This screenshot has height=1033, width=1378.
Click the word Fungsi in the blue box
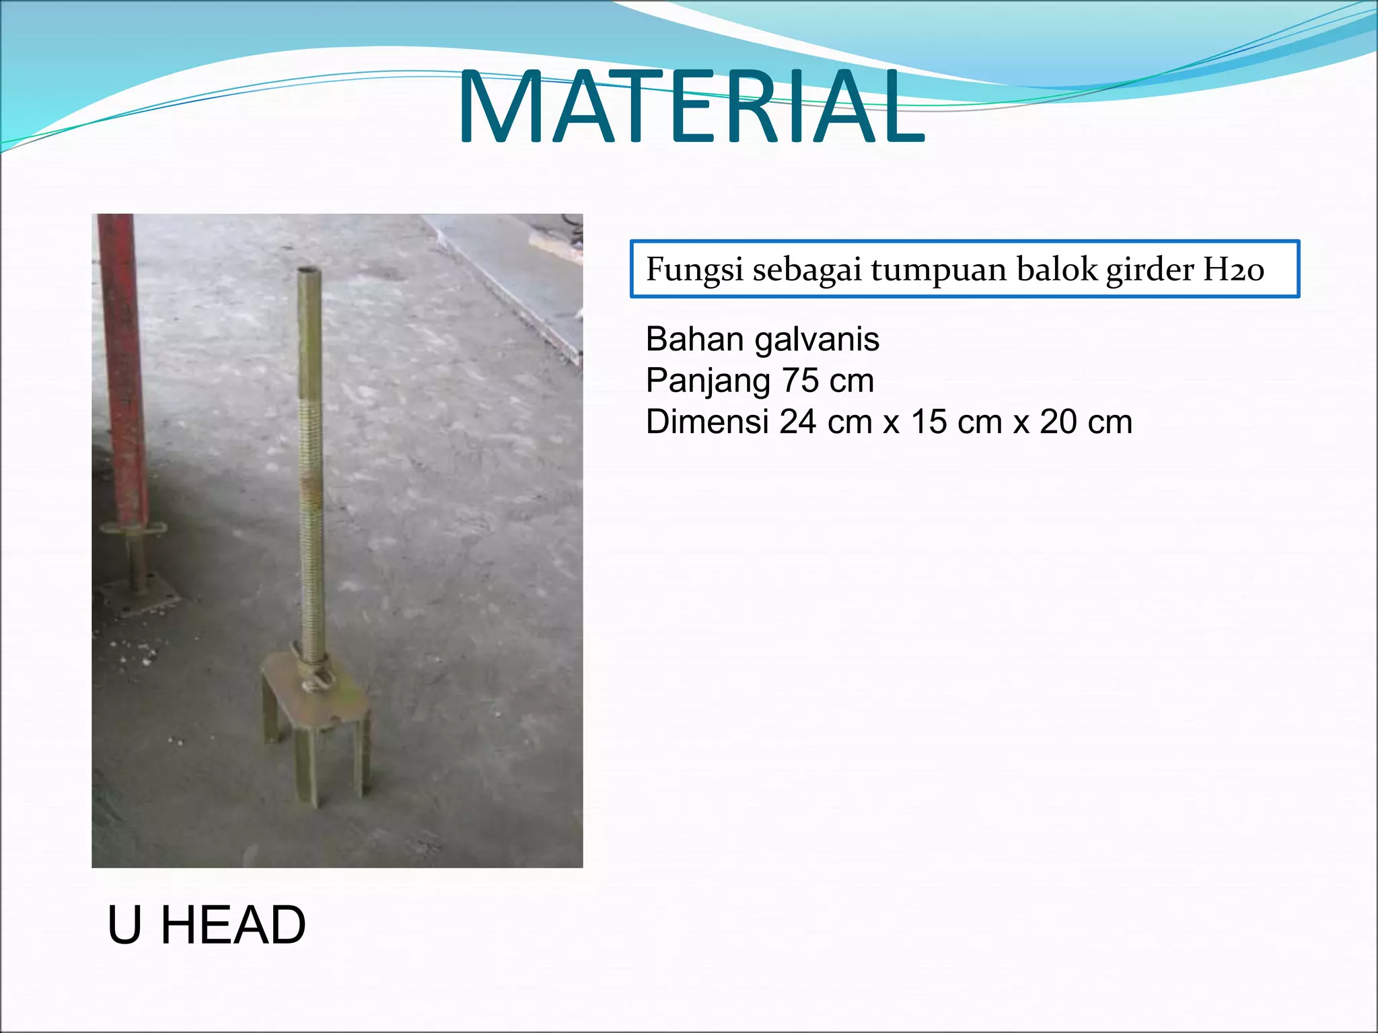694,270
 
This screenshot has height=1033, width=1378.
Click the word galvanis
817,340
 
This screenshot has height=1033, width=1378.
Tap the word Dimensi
706,422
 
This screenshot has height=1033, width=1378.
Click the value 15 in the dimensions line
929,422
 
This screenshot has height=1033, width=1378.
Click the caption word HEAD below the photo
233,925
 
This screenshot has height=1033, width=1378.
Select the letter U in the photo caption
124,925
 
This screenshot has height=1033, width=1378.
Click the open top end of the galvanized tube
309,270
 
